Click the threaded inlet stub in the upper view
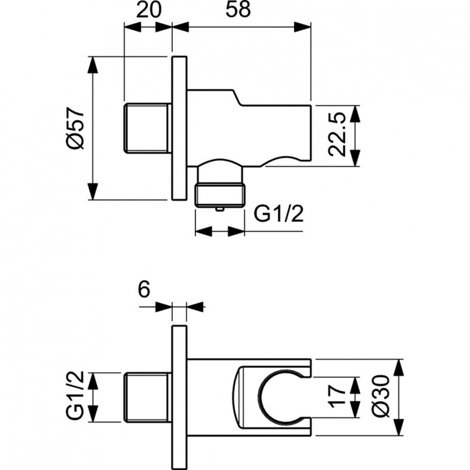click(x=147, y=128)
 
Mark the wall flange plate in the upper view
click(x=179, y=129)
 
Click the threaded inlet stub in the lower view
click(x=147, y=397)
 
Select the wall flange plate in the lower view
click(x=179, y=397)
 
